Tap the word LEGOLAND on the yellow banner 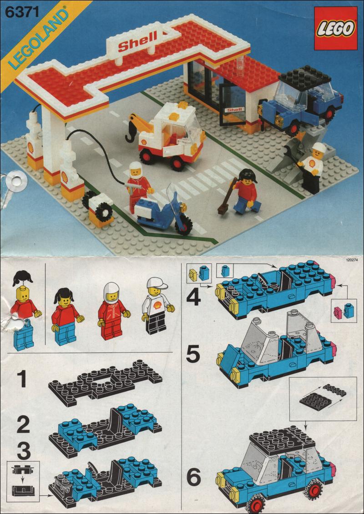click(39, 38)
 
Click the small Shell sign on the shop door click(234, 110)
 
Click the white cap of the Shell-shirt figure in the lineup click(157, 284)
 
